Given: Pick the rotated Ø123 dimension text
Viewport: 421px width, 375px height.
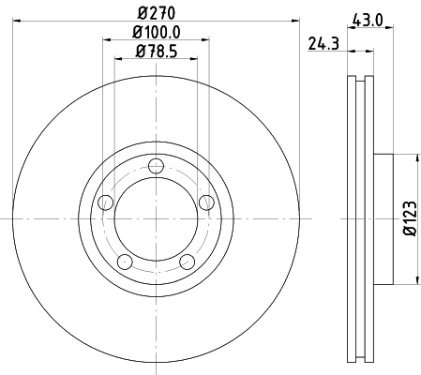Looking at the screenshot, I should pos(411,217).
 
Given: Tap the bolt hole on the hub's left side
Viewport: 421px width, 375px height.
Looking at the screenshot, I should pos(105,202).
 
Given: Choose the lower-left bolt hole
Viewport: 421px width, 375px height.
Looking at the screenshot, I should pos(125,262).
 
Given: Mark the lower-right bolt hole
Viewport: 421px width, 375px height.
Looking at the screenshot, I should pos(187,262).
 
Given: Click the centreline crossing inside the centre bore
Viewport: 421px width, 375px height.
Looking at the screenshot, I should pos(156,218).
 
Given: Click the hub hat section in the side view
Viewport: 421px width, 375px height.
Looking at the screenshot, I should pos(384,217).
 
